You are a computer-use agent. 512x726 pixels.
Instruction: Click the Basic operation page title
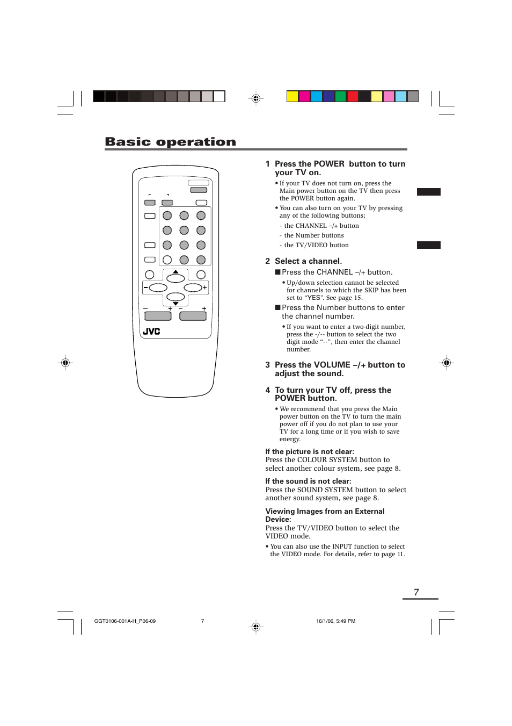170,142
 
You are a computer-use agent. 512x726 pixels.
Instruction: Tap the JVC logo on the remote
151,332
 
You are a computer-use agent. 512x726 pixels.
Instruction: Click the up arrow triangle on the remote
175,272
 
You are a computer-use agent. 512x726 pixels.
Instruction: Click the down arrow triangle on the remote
175,304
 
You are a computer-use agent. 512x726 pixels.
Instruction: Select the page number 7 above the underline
416,592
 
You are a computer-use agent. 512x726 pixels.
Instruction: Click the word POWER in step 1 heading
329,164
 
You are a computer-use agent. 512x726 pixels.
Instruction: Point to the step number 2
267,261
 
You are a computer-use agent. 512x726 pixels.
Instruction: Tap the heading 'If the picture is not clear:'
310,452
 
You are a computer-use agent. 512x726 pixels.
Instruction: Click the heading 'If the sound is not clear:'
308,481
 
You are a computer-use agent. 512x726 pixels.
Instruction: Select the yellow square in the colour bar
292,97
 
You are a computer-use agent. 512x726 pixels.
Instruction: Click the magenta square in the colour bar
304,97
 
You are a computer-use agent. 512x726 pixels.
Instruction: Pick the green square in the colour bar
340,97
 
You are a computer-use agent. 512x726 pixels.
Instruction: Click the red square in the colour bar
353,97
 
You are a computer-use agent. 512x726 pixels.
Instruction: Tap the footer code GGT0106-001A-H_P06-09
125,621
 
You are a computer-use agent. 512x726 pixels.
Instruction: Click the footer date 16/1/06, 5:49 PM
335,621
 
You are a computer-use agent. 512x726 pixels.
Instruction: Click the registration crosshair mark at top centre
256,98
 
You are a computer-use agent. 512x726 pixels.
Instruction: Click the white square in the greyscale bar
220,97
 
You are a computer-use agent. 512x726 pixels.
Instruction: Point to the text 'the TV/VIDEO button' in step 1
316,245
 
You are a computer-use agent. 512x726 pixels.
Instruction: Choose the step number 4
267,390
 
